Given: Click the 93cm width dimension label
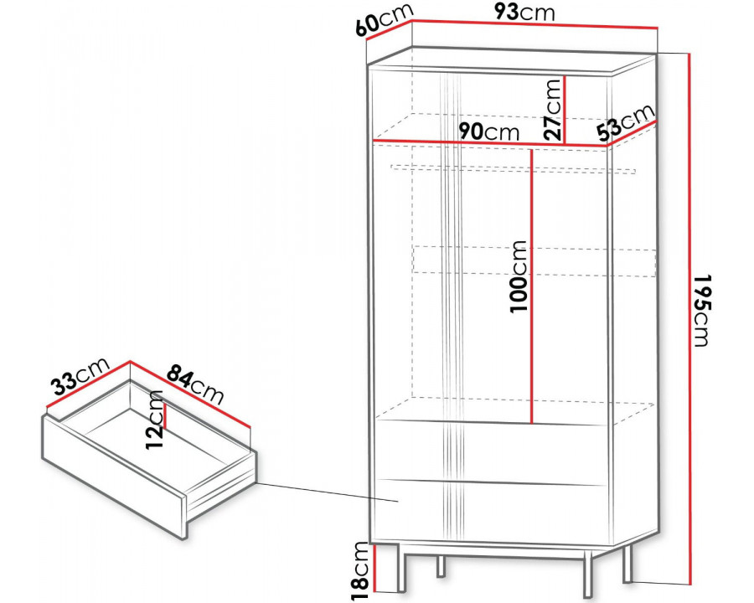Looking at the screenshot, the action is [524, 13].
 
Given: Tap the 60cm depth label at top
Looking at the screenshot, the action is [385, 20].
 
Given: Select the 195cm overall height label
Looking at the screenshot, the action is [702, 311].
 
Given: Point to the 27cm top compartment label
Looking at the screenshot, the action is [553, 110].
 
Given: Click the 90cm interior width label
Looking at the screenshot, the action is [489, 131].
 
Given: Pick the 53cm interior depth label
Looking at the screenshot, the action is [626, 123].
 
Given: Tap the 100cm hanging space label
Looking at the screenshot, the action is [519, 276].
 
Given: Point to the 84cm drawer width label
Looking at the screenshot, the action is [195, 384].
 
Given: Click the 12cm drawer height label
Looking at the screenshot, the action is [155, 420].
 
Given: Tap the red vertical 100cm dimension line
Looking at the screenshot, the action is [531, 286].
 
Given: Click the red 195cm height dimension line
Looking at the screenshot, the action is [690, 318].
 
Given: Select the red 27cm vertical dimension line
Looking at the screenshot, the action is [564, 110].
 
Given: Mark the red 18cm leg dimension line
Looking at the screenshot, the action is [375, 569].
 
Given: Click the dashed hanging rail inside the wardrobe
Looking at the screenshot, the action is [513, 169].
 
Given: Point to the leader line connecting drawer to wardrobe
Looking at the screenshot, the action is [328, 492].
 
